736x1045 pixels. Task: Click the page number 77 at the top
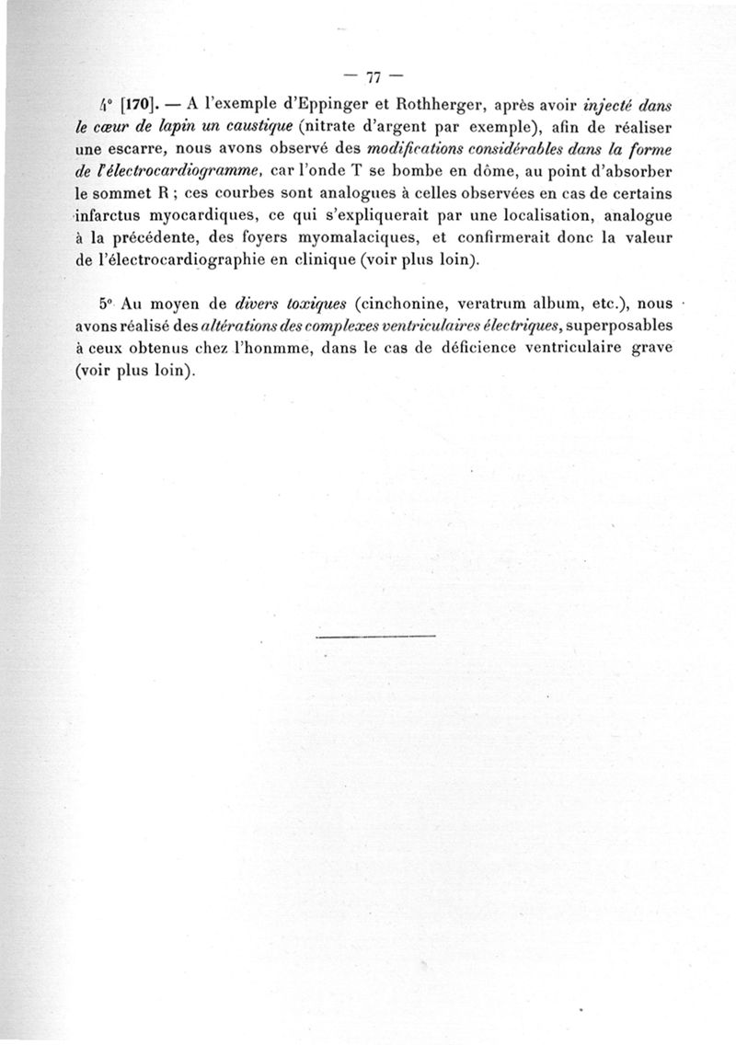tap(374, 77)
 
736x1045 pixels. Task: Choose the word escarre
tap(132, 149)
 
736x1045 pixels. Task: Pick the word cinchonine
tap(405, 304)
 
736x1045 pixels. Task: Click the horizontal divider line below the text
tap(374, 636)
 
